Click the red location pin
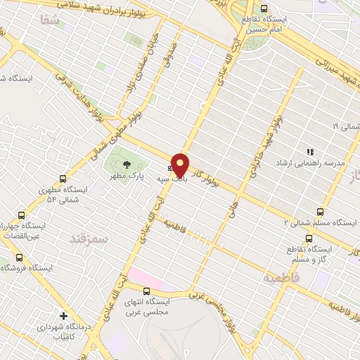point(181,165)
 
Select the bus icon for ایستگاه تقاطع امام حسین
point(264,9)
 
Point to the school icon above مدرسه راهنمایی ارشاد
point(309,151)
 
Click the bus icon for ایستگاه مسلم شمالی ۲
point(321,211)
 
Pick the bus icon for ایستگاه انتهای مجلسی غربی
point(146,291)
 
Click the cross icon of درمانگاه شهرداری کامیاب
point(64,316)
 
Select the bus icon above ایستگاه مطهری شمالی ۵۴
point(63,178)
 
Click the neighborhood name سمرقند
point(90,239)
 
